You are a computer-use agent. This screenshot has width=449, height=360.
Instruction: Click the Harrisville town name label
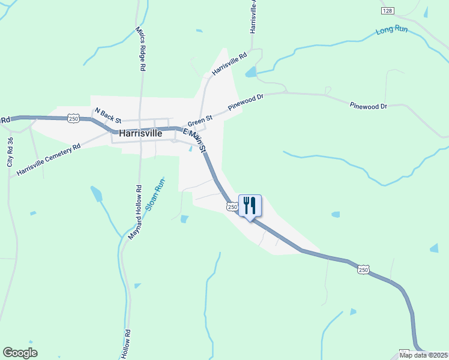tap(140, 134)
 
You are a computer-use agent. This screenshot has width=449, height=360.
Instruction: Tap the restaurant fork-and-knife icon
tap(250, 206)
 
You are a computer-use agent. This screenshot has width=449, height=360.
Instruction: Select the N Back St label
tap(109, 115)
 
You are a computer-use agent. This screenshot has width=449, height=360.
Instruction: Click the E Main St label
tap(194, 140)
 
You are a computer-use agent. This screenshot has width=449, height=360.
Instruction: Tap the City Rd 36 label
tap(10, 152)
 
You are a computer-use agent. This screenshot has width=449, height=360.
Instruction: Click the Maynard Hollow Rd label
tap(134, 212)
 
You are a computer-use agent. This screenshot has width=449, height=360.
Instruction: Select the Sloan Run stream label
tap(154, 197)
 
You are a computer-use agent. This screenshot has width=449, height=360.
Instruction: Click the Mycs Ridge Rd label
tap(140, 49)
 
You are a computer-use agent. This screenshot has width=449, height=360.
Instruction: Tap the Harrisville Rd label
tap(229, 65)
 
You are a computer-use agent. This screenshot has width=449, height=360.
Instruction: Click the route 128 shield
tap(387, 11)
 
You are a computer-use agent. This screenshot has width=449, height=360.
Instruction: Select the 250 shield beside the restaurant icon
tap(232, 206)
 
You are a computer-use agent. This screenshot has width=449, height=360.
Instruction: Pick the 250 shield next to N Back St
tap(73, 119)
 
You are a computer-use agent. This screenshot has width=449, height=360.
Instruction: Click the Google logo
tap(20, 352)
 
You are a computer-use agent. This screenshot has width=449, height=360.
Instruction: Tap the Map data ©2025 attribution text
tap(423, 355)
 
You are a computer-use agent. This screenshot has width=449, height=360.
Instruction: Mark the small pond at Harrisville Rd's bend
tap(250, 73)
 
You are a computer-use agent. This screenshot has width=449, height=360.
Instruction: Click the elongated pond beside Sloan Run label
tap(96, 194)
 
